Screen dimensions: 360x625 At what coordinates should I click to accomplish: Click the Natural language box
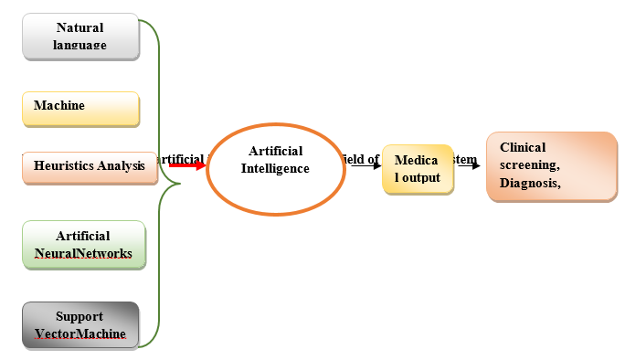pos(79,37)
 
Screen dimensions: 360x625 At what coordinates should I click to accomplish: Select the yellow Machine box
pos(80,108)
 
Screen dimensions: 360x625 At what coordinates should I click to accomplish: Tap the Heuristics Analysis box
pos(90,166)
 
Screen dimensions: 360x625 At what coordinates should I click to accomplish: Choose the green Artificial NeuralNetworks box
pos(83,244)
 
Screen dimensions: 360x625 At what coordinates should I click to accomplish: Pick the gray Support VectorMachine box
pos(79,324)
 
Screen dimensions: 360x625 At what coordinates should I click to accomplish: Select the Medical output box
pos(417,170)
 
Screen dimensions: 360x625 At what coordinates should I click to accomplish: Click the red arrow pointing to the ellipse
pos(188,165)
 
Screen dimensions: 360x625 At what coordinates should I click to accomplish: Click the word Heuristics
pos(65,166)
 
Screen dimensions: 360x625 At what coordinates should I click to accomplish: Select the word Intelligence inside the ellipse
pos(275,168)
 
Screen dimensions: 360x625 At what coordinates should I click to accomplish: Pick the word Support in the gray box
pos(79,316)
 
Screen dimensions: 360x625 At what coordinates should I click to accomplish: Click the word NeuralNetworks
pos(83,253)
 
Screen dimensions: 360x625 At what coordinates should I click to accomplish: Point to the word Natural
pos(79,27)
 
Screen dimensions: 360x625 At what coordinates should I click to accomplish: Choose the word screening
pos(529,165)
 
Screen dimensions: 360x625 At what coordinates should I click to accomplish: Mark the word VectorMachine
pos(79,334)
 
